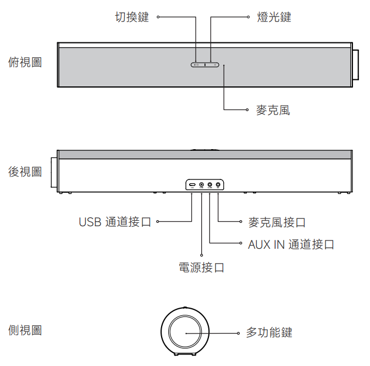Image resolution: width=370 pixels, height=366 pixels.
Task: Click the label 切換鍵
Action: [x=132, y=18]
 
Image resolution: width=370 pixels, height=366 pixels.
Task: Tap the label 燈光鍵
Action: [x=274, y=18]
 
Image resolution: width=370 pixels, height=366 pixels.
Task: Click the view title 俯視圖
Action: [x=25, y=62]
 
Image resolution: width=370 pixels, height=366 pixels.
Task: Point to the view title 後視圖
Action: [x=25, y=172]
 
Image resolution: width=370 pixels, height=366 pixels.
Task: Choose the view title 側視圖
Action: [x=25, y=330]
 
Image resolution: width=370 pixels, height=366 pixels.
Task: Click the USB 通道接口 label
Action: [x=114, y=222]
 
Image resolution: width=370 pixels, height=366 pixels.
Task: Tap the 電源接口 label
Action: [x=202, y=268]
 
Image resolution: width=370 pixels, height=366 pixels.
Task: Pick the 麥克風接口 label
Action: [x=277, y=223]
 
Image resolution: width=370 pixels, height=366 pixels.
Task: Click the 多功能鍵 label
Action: [x=269, y=333]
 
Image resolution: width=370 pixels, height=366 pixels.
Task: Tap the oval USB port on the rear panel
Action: [x=192, y=184]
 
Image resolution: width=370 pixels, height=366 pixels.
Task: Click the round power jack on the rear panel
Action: [x=201, y=184]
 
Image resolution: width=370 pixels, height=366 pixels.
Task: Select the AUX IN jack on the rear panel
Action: [x=210, y=184]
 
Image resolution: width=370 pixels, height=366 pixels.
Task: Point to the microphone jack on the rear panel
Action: [x=218, y=184]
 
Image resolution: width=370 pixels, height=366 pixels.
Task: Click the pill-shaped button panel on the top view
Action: [x=205, y=65]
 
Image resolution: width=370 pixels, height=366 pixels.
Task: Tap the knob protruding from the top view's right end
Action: [x=356, y=65]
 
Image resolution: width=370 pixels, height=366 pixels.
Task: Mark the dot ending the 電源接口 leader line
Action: [x=202, y=255]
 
